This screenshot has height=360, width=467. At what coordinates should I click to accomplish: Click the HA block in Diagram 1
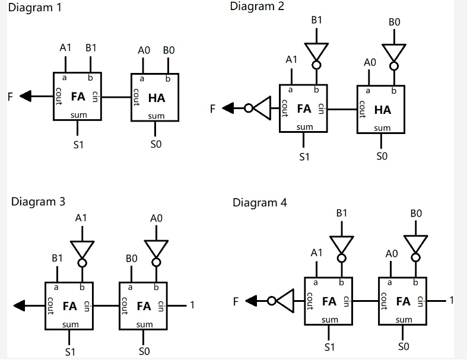pos(155,97)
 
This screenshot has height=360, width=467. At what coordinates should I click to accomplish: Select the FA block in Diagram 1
pos(77,96)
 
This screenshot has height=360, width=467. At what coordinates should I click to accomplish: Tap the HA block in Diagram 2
pos(381,109)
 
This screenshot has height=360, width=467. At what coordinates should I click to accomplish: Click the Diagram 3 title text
pos(38,202)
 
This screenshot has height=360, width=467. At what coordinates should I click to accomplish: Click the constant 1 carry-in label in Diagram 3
pos(192,305)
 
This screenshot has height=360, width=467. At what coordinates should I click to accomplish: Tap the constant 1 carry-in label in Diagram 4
pos(452,301)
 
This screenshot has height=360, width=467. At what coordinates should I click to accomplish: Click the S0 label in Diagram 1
pos(156,144)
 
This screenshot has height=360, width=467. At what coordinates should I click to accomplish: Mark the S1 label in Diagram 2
pos(304,157)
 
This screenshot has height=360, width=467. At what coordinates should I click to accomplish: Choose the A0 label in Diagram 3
pos(156,219)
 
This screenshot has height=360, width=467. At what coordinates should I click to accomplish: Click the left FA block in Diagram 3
pos(69,305)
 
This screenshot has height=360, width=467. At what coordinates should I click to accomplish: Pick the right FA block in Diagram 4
pos(403,301)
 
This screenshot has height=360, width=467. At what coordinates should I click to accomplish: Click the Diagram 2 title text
pos(257,7)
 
